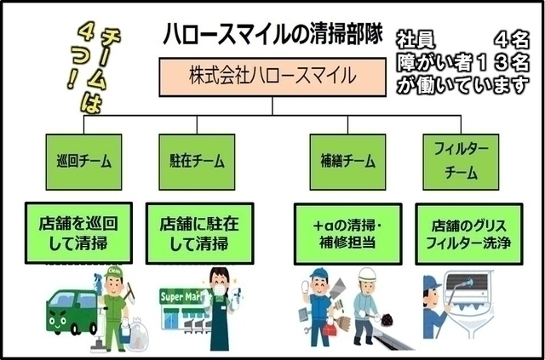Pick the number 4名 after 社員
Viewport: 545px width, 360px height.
tap(511, 39)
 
